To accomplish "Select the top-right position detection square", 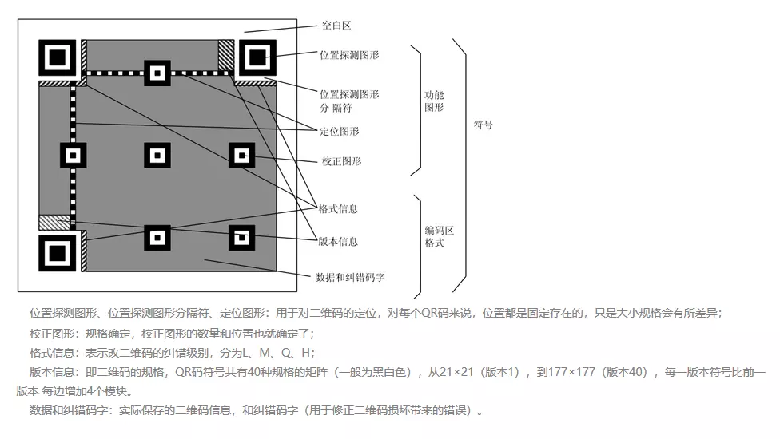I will (257, 57).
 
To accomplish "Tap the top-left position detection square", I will (58, 57).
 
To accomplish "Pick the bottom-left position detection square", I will (58, 253).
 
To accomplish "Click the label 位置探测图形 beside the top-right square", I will (349, 55).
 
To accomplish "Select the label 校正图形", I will (341, 161).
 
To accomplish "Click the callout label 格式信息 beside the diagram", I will (337, 209).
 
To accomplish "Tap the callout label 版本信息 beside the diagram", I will (337, 241).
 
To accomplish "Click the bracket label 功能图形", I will (434, 101).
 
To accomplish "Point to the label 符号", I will (483, 125).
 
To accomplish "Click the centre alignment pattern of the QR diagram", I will (158, 154).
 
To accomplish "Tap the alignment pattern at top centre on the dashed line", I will (158, 73).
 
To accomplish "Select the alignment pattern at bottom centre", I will (158, 237).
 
